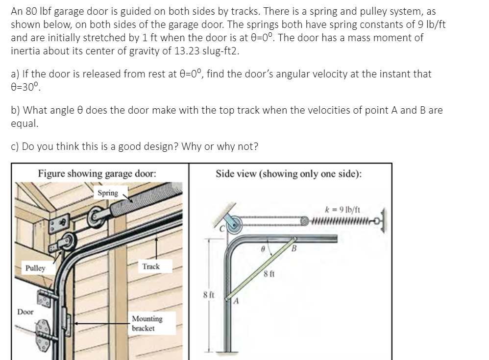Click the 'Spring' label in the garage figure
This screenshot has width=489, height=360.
108,193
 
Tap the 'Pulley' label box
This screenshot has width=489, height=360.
35,268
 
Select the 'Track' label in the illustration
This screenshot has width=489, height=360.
151,266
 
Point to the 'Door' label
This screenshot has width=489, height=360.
25,312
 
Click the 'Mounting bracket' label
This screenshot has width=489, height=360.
147,323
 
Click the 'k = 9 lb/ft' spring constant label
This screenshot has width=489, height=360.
342,209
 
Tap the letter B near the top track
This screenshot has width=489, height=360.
294,249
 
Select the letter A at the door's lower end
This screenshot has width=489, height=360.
236,301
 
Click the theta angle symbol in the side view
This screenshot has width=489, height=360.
263,249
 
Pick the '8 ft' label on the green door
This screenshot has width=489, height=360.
269,274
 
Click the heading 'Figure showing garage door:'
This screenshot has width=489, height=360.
97,173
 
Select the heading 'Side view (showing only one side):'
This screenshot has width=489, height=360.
289,173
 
